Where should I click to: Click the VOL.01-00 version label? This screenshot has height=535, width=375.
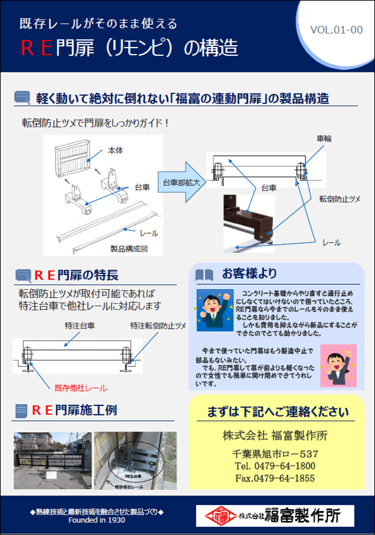336,30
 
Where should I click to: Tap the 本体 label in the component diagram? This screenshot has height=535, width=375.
115,151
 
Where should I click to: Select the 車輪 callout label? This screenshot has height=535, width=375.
324,138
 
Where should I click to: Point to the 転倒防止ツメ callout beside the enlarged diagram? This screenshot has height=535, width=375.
339,199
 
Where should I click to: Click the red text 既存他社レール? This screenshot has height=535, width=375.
81,388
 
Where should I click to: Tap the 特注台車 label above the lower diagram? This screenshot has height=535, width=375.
80,325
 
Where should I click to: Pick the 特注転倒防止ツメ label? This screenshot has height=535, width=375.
157,325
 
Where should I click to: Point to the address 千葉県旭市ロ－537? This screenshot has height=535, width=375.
276,454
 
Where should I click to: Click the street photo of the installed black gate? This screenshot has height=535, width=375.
52,457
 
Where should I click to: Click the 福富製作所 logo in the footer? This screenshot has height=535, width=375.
275,514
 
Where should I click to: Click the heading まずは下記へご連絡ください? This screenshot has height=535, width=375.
277,412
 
